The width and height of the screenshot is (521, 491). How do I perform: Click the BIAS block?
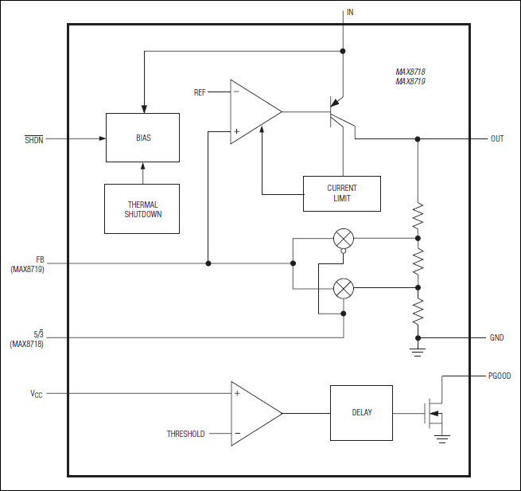pos(142,138)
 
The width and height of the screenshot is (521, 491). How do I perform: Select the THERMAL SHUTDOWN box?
pos(142,209)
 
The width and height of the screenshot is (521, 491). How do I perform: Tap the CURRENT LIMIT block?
pos(342,193)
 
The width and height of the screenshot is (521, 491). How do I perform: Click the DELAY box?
pos(361,412)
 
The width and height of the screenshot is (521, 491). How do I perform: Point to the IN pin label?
pos(349,13)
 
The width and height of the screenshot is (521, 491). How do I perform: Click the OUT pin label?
pos(497,138)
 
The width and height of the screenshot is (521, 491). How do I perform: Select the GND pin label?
pos(496,337)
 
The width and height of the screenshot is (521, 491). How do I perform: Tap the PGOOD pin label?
pos(500,376)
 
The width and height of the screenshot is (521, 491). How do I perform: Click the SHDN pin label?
pos(34,138)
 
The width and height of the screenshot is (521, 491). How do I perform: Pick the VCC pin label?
pos(37,393)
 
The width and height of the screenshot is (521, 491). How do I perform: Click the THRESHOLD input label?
pos(185,434)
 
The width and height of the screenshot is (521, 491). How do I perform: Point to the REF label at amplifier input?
pos(200,93)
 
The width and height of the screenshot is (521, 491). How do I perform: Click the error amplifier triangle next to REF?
pos(253,111)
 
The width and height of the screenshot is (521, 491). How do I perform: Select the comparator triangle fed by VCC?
pos(254,413)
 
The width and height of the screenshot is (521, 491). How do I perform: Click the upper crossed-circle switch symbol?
pos(344,237)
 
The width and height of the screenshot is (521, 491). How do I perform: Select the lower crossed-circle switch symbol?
pos(344,287)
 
